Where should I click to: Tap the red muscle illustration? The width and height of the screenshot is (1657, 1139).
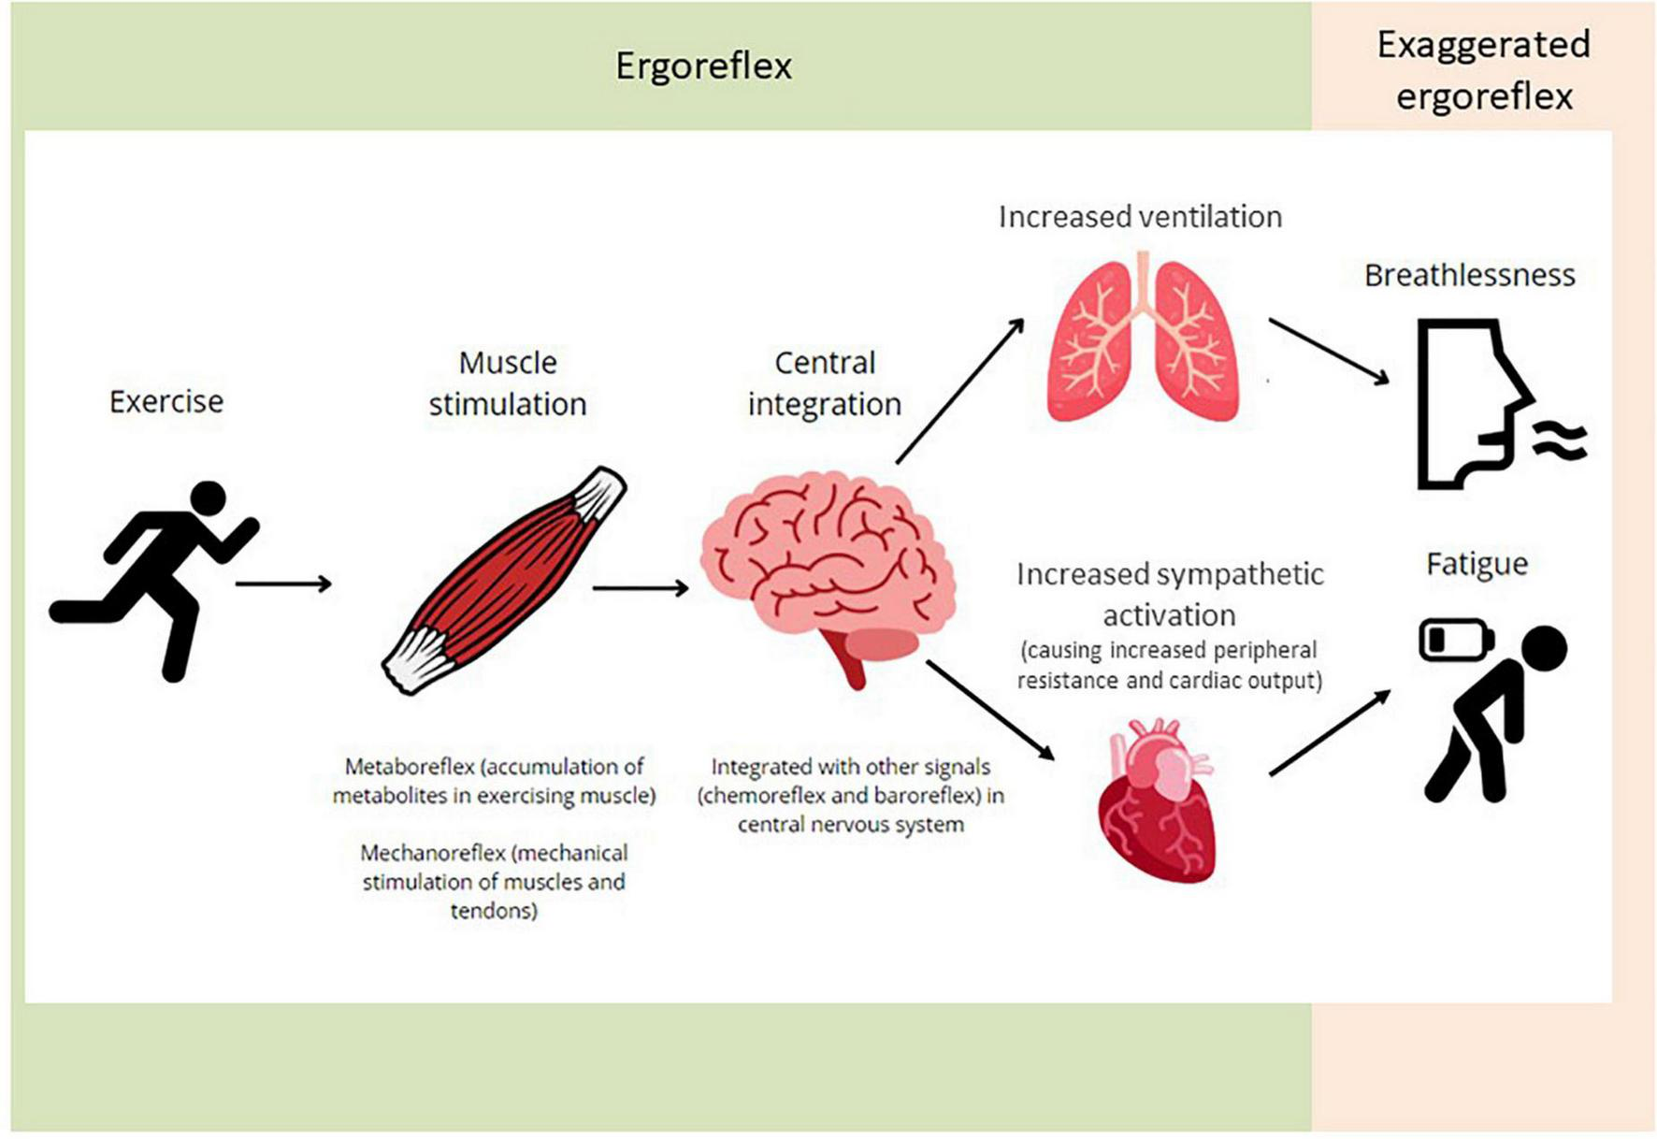click(x=505, y=580)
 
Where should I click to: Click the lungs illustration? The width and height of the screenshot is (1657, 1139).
click(x=1143, y=341)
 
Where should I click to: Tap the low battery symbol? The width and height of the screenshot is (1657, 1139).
click(x=1455, y=641)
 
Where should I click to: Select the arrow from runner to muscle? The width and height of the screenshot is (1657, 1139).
click(x=283, y=584)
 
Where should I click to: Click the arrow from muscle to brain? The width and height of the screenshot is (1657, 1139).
click(x=641, y=588)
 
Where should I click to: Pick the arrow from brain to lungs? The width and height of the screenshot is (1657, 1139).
click(x=959, y=391)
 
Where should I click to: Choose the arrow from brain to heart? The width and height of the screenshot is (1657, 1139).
click(x=989, y=709)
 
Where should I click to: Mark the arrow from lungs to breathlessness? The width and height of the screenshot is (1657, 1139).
click(x=1328, y=351)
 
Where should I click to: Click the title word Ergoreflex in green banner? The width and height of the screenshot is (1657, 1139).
click(x=703, y=66)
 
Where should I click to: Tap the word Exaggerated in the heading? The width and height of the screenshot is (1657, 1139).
click(x=1483, y=45)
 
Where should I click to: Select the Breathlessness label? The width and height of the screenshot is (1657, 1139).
click(x=1469, y=275)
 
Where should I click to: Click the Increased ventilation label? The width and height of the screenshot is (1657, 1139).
click(x=1140, y=217)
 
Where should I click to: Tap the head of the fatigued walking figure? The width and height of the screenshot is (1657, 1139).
click(x=1542, y=648)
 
